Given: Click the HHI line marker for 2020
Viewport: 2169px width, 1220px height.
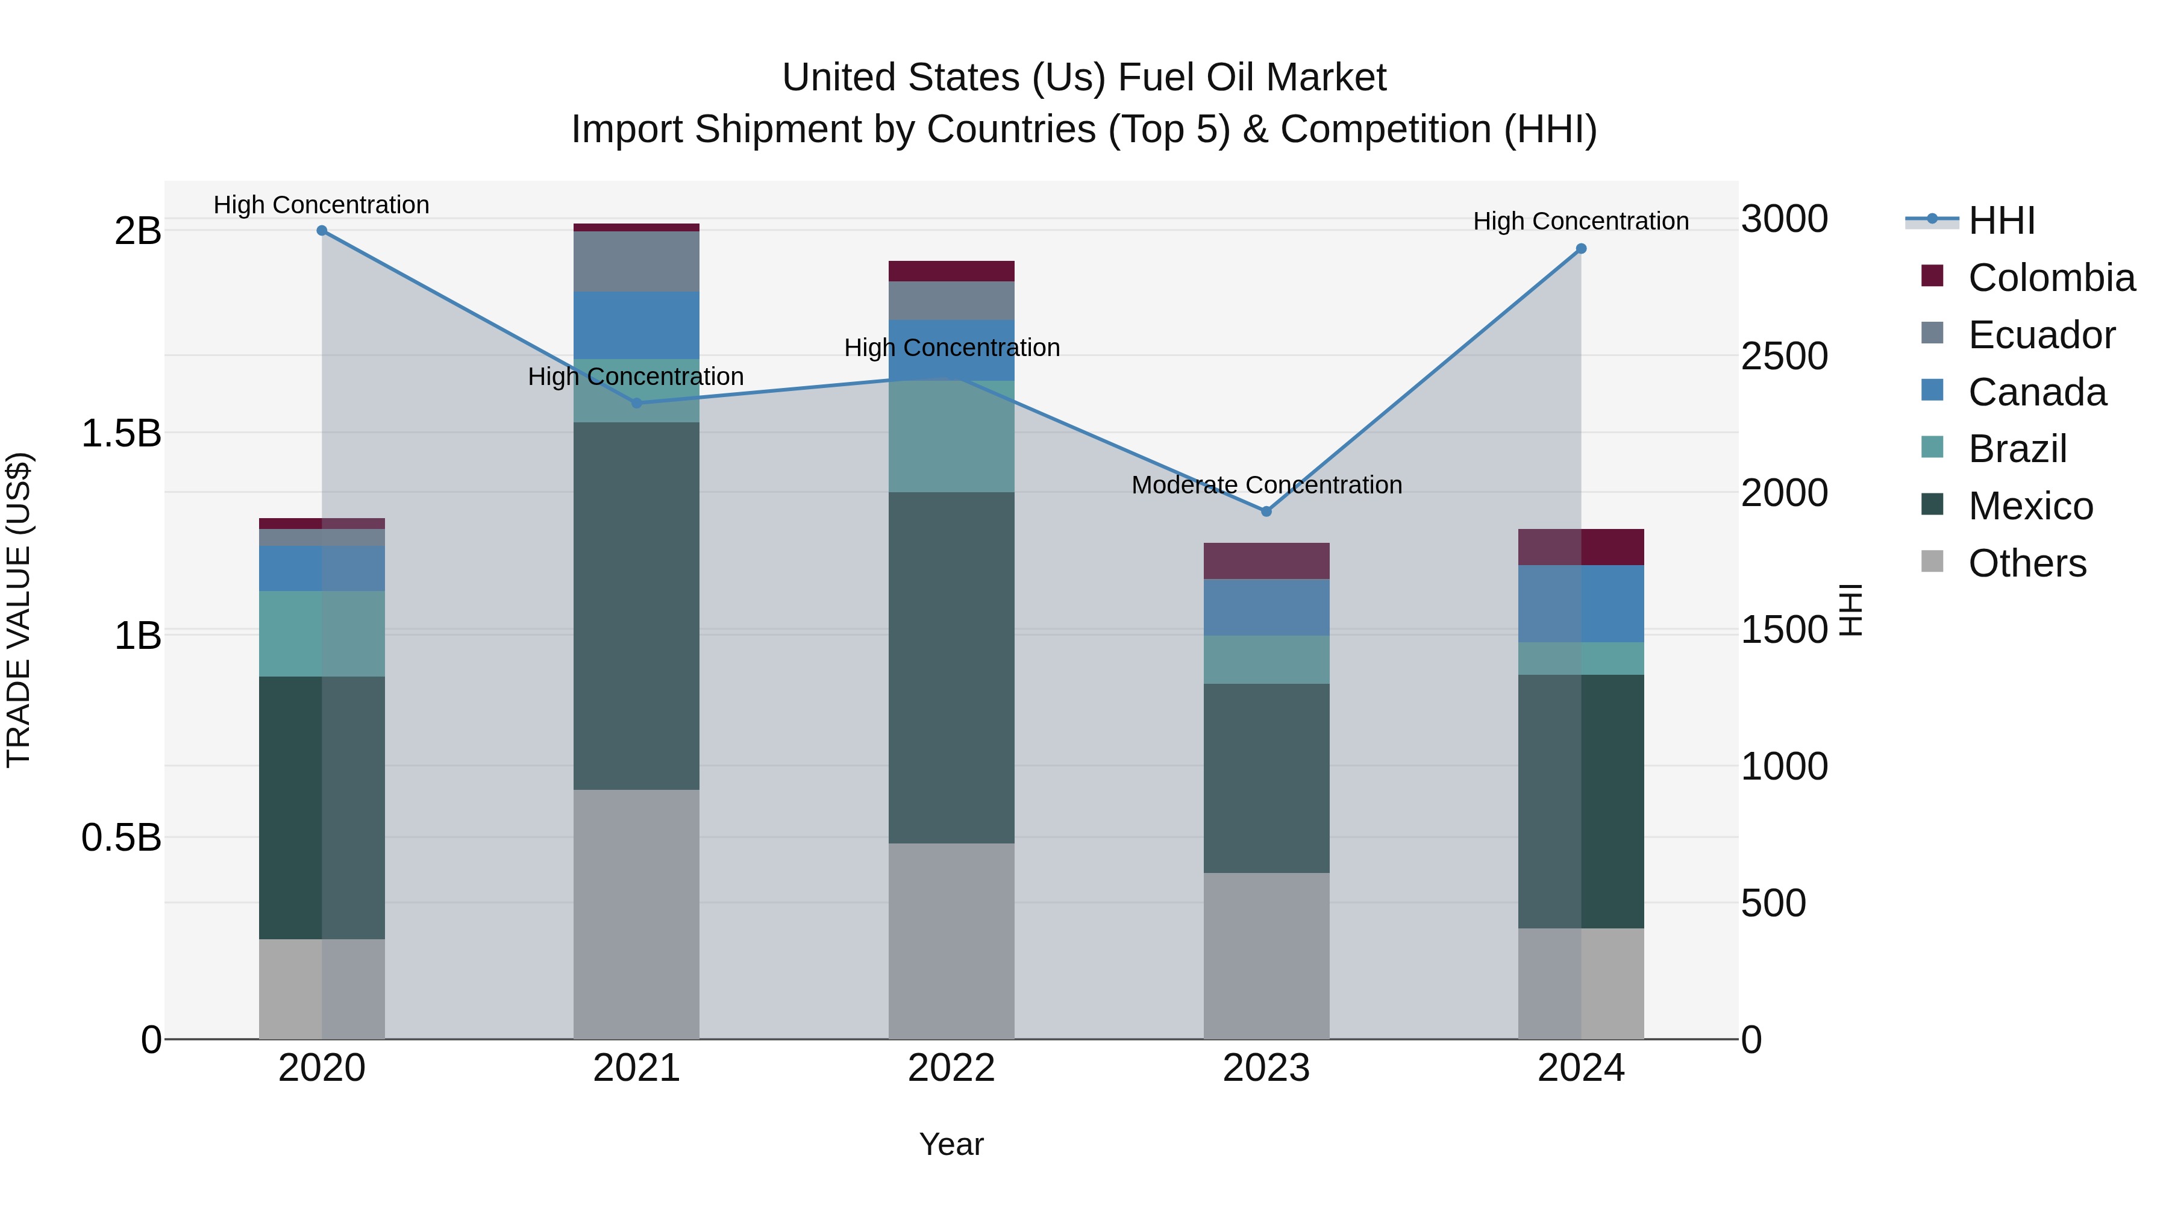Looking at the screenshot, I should [322, 231].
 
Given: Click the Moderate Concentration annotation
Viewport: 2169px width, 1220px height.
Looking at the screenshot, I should [1266, 485].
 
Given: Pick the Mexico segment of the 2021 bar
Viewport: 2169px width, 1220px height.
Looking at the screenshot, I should [637, 606].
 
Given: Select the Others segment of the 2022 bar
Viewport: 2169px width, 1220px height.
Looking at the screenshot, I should [951, 940].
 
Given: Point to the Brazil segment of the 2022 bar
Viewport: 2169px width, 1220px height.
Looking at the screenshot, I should [951, 436].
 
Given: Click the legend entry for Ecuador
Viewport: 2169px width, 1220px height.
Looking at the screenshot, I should [2041, 335].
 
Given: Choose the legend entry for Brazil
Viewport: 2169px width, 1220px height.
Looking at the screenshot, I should [2017, 449].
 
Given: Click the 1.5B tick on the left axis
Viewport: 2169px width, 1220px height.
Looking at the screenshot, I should [121, 434].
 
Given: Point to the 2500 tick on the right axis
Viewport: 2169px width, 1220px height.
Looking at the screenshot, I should [1783, 356].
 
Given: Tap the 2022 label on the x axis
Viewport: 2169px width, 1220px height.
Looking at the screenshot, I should [951, 1068].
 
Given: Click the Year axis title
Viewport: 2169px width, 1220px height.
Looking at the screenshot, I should [951, 1144].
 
